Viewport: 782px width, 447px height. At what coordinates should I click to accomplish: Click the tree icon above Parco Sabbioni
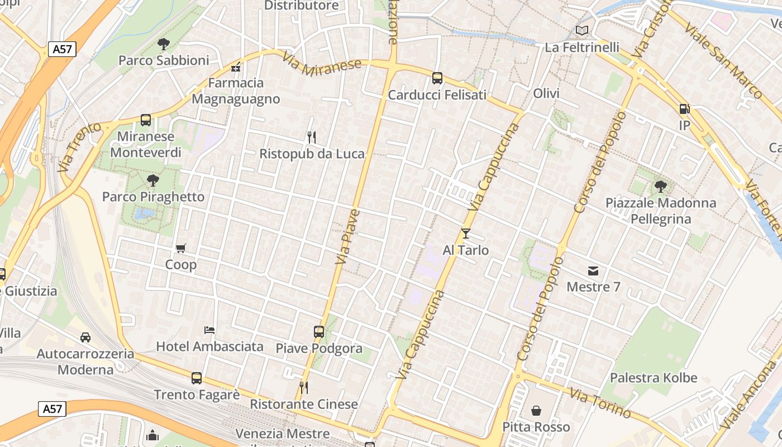coord(164,44)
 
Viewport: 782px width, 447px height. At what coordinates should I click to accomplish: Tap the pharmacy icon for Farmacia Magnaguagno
coord(236,67)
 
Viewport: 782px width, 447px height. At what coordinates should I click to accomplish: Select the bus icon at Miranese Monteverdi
coord(146,120)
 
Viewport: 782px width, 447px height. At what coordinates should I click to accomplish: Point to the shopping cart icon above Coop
coord(180,248)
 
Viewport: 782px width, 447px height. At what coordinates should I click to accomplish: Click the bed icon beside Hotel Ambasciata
coord(209,330)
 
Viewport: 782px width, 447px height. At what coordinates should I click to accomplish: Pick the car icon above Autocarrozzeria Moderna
coord(85,337)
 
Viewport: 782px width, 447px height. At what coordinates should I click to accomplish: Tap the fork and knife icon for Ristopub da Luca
coord(312,137)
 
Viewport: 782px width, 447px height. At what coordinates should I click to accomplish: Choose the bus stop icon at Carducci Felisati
coord(437,78)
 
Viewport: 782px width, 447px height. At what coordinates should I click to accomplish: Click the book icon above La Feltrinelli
coord(582,31)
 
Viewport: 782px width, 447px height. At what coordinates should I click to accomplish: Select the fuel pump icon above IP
coord(684,109)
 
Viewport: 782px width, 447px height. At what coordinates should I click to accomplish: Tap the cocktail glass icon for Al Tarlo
coord(466,234)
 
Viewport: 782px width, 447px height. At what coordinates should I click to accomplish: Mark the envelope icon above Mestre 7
coord(593,271)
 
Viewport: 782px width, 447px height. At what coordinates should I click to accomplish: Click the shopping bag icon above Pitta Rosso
coord(536,411)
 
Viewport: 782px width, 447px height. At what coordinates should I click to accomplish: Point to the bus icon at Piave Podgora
coord(319,332)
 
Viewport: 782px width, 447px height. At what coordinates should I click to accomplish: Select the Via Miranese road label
coord(322,65)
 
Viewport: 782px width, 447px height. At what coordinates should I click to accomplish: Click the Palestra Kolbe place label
coord(654,378)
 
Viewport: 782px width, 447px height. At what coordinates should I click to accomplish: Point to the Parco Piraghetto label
coord(153,197)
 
